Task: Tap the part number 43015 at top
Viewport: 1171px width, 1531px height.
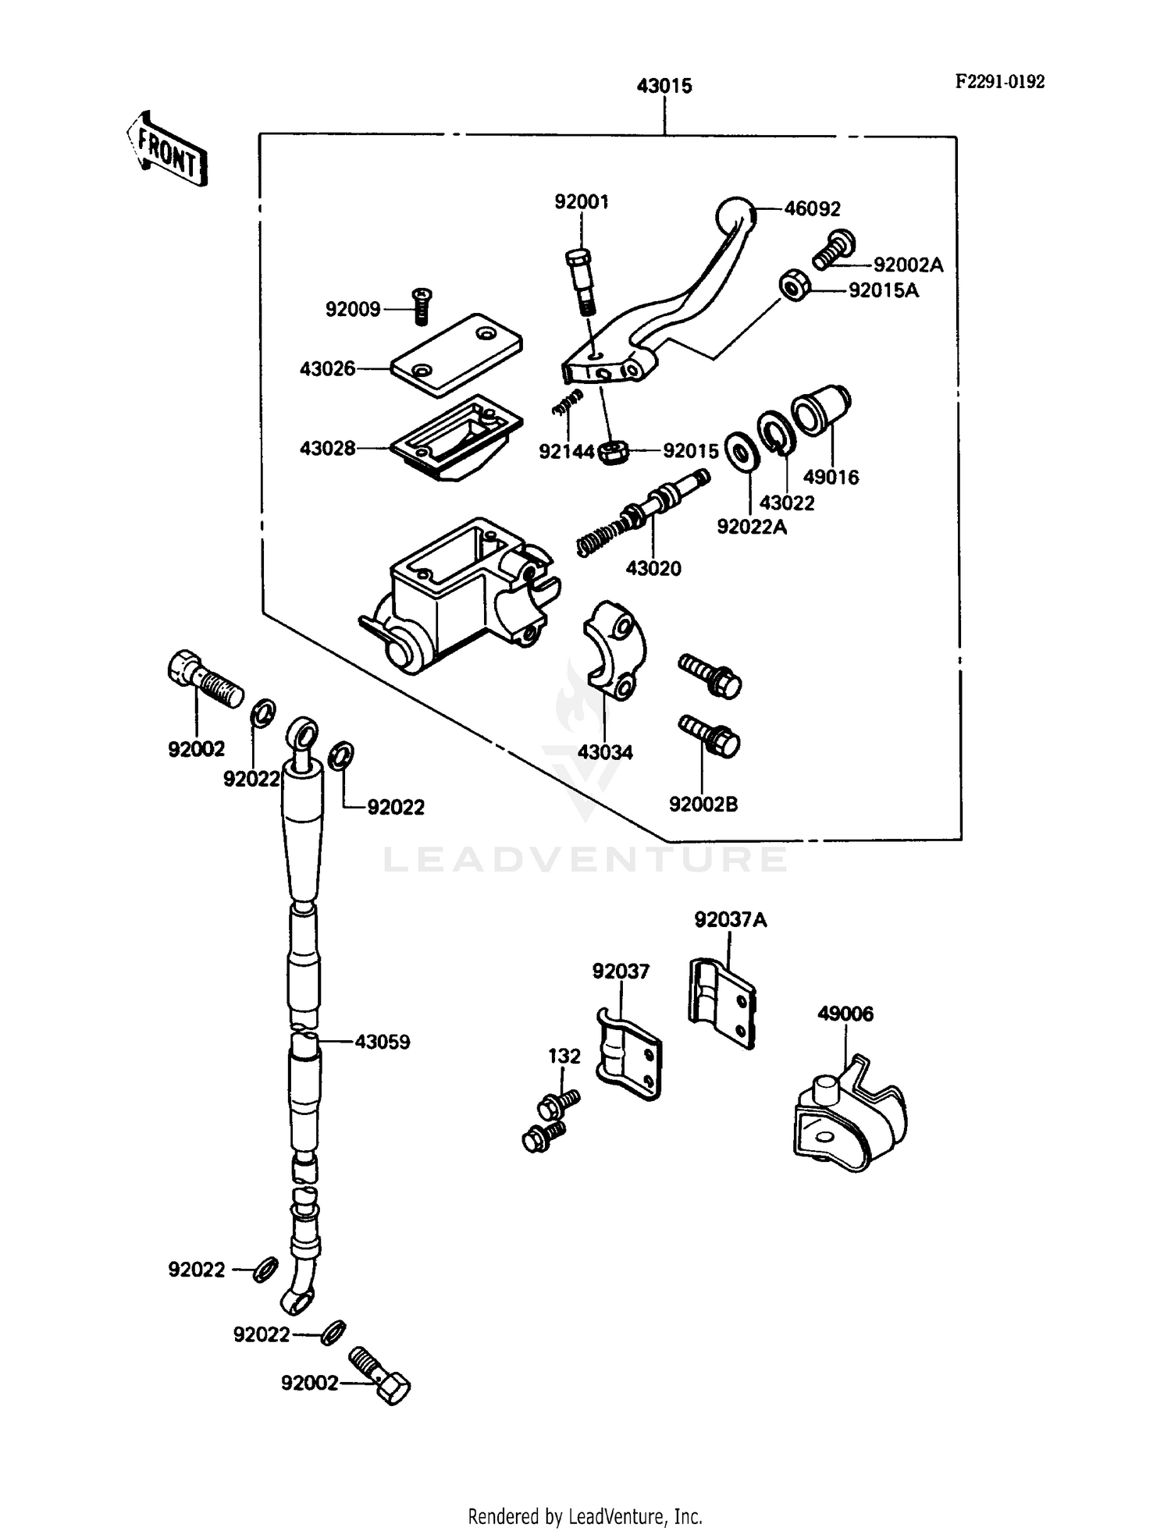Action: coord(664,86)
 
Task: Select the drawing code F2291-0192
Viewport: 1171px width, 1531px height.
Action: coord(999,82)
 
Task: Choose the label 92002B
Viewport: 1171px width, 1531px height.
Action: coord(703,804)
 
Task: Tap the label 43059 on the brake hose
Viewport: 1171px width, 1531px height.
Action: coord(382,1042)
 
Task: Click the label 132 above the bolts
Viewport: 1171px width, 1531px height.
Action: coord(564,1056)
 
